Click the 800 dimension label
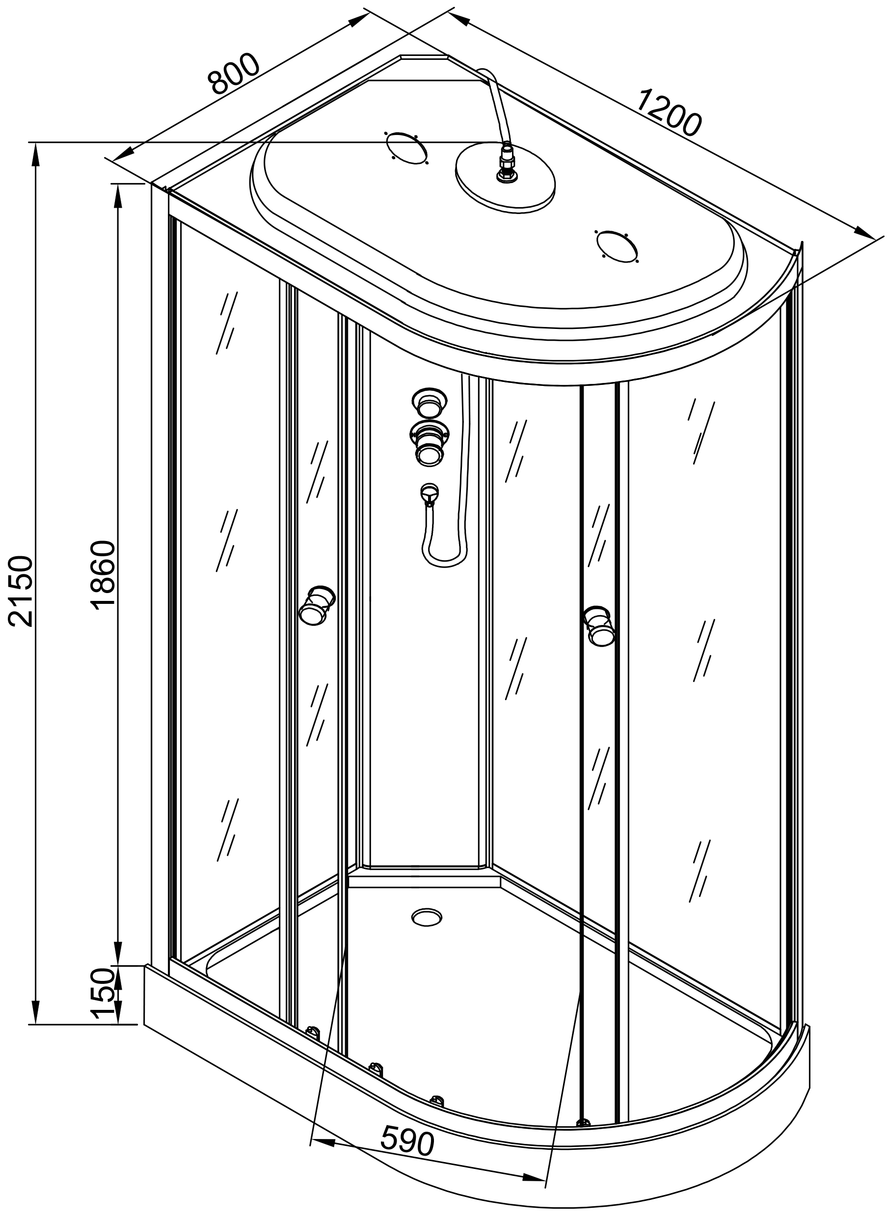[x=235, y=74]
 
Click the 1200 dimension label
[x=670, y=113]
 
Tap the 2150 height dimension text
[x=22, y=592]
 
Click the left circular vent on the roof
[x=406, y=147]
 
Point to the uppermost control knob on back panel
[x=429, y=403]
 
